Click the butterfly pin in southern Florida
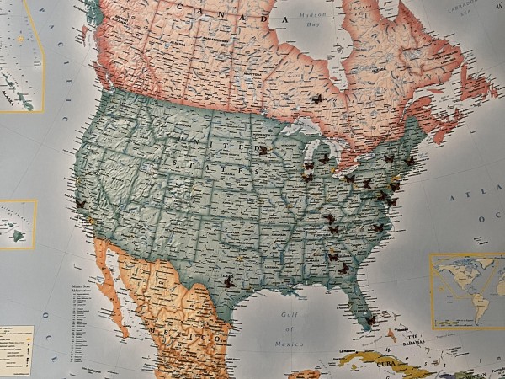[x=369, y=320]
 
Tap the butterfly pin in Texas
[x=229, y=284]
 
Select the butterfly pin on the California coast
[x=81, y=204]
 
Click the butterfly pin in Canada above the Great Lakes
[x=316, y=99]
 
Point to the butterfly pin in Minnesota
[x=263, y=151]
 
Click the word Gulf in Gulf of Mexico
[x=289, y=315]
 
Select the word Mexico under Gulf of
[x=288, y=344]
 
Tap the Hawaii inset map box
[x=17, y=224]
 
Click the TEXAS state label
[x=226, y=275]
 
